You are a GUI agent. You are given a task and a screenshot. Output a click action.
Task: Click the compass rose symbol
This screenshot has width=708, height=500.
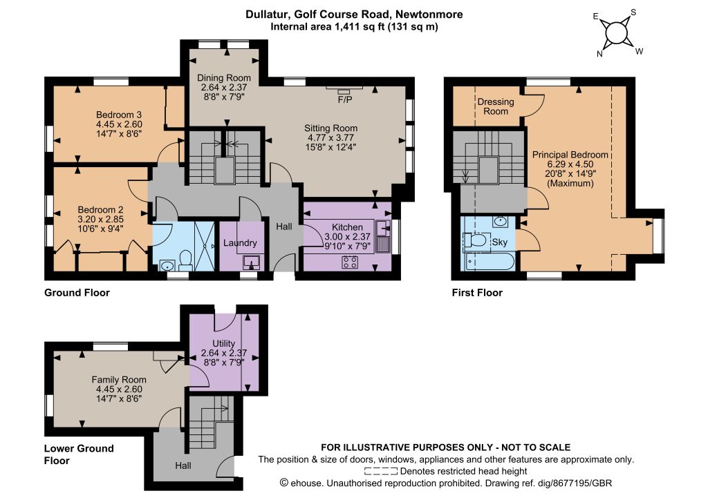coord(617,33)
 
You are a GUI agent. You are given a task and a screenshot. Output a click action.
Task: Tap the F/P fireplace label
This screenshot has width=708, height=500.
coord(345,99)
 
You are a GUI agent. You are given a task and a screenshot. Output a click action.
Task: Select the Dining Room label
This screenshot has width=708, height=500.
coord(223,78)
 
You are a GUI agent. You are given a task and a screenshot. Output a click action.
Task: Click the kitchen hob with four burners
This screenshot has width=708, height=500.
coord(350,262)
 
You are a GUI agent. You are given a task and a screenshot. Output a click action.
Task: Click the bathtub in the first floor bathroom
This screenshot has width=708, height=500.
coord(488,262)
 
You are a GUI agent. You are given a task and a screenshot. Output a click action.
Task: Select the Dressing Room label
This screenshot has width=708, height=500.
coord(496,106)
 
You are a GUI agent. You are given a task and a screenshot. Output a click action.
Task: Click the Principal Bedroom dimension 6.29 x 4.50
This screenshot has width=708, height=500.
coord(570,164)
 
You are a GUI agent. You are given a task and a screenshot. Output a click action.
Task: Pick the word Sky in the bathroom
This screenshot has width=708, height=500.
coord(500,242)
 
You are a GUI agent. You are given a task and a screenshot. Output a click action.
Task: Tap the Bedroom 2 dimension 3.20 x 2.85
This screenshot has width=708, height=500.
coord(101,219)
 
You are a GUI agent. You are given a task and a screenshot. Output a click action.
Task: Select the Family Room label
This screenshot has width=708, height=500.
coord(119,380)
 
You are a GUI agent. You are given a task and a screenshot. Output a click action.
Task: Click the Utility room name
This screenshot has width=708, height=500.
coord(223,343)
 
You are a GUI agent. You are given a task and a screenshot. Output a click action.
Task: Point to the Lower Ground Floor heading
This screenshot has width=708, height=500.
coord(79,454)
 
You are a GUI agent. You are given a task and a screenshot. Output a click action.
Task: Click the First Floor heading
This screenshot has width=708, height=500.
coord(477,293)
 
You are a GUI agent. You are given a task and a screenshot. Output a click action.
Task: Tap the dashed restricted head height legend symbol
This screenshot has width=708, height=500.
coord(381,472)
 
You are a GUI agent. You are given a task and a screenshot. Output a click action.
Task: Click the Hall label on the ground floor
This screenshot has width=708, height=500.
coord(284,227)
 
